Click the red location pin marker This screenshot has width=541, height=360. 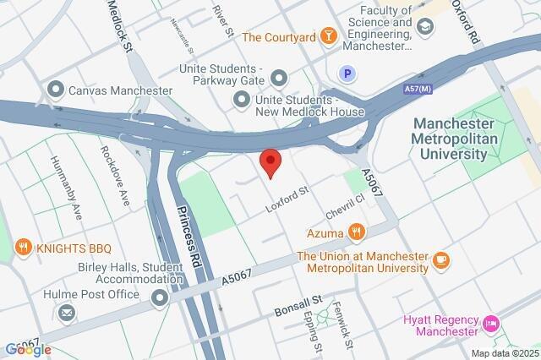coord(270,161)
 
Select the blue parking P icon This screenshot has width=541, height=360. coord(346,74)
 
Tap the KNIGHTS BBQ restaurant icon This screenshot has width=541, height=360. coord(24,248)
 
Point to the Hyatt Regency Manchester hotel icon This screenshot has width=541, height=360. coord(490,323)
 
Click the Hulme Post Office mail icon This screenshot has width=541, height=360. coord(66,314)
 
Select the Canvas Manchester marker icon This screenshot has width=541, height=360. coord(57,90)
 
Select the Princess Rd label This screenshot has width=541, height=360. coord(190,232)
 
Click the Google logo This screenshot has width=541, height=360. coord(28,349)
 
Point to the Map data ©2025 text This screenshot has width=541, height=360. coord(504,353)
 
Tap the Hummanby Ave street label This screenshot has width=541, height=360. coord(66,188)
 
